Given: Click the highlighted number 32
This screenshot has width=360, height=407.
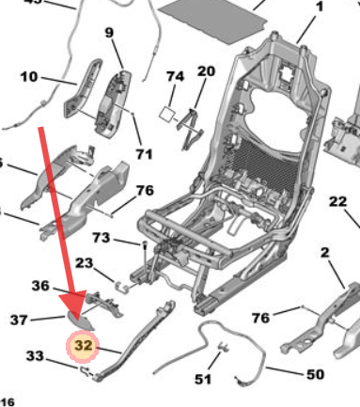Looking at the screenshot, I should point(84,346).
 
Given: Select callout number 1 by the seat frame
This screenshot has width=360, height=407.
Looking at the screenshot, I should point(318,8).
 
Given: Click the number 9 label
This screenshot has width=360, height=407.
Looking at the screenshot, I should point(109,34).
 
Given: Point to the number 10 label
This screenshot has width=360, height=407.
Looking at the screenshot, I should point(28,76).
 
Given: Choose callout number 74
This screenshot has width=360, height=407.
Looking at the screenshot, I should point(175,76).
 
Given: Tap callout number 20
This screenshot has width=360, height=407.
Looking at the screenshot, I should point(206,71).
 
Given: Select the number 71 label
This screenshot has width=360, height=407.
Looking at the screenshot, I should point(144,153).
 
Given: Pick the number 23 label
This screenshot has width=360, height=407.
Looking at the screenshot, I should point(85,263).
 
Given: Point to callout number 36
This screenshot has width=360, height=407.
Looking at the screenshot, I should point(40,286).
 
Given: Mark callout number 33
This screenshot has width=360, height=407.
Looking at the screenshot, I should point(34,355).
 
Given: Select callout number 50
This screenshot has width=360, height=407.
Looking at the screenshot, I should point(315,375).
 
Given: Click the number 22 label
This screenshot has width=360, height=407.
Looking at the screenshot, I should point(337,201).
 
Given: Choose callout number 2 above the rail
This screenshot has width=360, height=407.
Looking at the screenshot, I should point(324,251).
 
